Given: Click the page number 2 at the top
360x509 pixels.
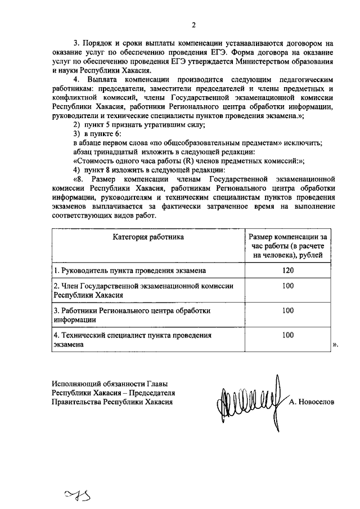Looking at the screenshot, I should [193, 25].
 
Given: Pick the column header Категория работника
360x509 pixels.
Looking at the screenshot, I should [148, 237].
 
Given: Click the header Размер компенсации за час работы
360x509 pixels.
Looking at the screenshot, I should [288, 246].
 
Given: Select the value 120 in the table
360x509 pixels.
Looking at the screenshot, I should [288, 270].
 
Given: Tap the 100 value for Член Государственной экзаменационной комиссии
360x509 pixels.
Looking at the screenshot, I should [288, 286].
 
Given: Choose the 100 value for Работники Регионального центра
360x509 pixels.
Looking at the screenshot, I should [288, 310].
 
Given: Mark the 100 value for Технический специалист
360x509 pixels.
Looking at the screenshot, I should [288, 335].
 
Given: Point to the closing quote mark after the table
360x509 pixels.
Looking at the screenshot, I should [335, 345].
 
